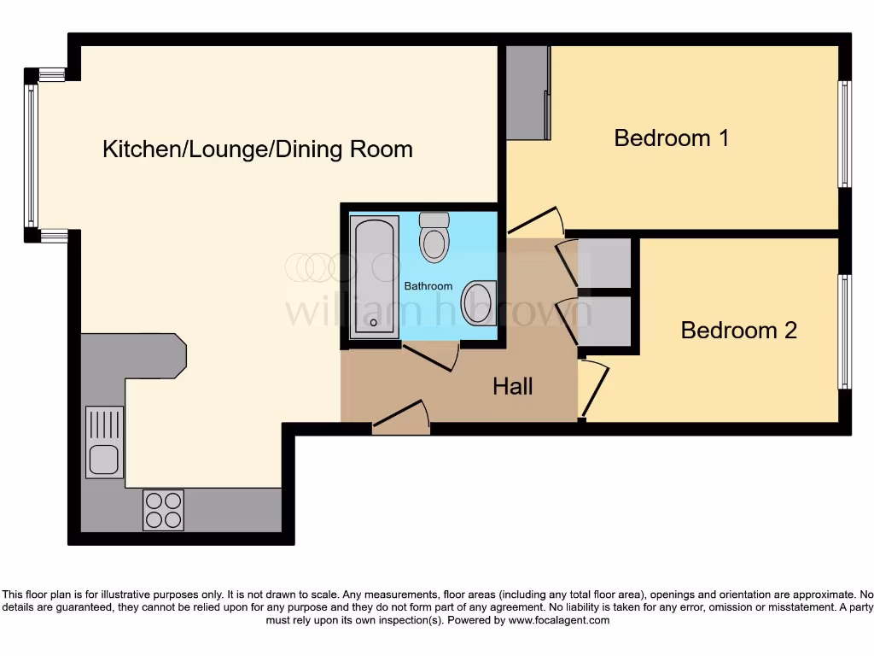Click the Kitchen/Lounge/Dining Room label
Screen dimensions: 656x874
coord(257,149)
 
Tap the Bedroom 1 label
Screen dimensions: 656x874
coord(671,138)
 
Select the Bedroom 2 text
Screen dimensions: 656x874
coord(738,330)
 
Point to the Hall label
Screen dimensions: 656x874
coord(513,386)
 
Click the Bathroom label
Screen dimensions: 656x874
coord(428,285)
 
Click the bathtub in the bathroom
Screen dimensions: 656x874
coord(375,273)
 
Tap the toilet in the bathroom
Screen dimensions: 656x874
coord(434,237)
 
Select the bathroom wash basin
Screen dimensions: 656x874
coord(479,303)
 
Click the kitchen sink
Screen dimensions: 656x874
coord(104,442)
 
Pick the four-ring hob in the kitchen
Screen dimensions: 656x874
coord(164,509)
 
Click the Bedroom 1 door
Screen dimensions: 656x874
coord(536,220)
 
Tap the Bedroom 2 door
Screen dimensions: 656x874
coord(595,389)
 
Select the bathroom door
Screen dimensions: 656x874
coord(431,357)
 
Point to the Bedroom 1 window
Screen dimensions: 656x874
coord(844,134)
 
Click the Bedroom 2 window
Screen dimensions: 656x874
coord(844,331)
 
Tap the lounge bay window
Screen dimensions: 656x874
coord(32,155)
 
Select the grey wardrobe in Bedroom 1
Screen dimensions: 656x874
coord(527,92)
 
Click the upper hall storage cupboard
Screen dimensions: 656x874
coord(604,263)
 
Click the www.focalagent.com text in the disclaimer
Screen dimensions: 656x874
coord(559,620)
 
